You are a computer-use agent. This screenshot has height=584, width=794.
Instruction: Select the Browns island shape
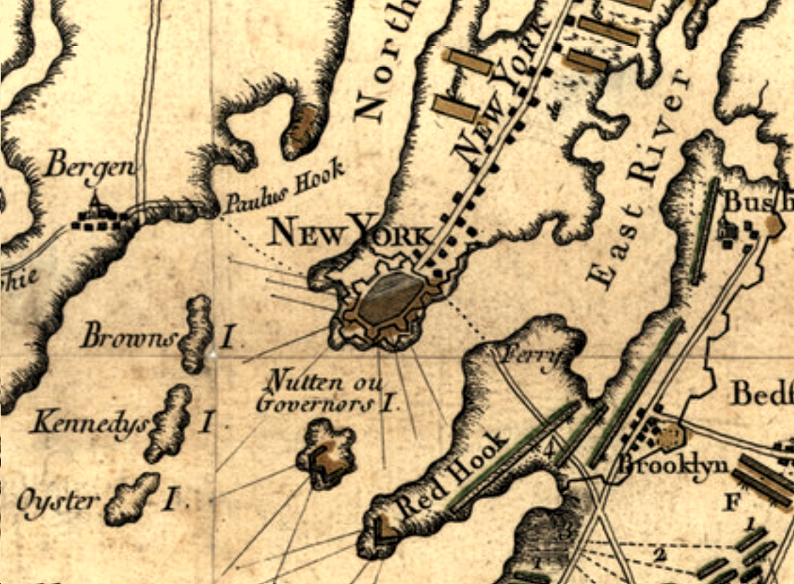coord(197,333)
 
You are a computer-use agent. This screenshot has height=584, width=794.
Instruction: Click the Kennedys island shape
coord(169,422)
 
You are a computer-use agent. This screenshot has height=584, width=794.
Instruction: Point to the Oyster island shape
coord(133,499)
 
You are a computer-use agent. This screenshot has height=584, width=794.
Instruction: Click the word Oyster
coord(58,502)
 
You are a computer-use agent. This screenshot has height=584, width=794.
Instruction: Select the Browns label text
coord(129,336)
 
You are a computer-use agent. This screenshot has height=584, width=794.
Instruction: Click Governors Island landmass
coord(326,454)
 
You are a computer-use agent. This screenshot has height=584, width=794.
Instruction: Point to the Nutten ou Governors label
coord(324,394)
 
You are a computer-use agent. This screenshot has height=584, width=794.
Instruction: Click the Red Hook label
coord(452,474)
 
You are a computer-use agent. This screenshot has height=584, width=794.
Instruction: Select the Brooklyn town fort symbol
coord(668,438)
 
